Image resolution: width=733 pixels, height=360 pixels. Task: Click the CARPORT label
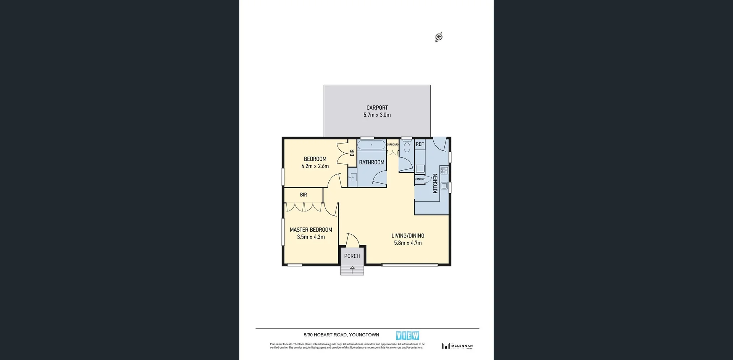click(377, 108)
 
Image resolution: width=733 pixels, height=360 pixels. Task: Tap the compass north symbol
click(439, 37)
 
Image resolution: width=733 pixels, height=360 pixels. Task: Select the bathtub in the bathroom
click(371, 145)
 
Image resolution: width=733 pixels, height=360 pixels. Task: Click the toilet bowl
click(407, 147)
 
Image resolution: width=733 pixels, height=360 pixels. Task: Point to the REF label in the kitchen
click(420, 144)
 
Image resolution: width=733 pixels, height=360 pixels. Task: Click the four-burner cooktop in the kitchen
click(444, 170)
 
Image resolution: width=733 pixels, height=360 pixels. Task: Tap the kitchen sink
click(444, 186)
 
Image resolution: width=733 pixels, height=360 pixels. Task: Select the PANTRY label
click(420, 179)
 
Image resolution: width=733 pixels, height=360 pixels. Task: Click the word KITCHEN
click(435, 183)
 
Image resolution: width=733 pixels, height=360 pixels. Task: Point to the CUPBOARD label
click(392, 145)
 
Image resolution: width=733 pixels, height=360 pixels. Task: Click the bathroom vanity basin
click(353, 177)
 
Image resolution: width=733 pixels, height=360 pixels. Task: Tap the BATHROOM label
click(371, 162)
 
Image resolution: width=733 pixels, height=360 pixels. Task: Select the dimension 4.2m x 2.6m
click(315, 166)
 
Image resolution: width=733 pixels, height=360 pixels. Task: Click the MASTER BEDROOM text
click(311, 230)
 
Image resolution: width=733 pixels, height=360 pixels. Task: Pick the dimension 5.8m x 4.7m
click(408, 243)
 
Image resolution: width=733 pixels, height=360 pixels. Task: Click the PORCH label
click(352, 256)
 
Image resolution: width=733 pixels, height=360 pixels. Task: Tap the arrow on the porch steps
click(352, 270)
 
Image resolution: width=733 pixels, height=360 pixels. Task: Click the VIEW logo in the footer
click(407, 336)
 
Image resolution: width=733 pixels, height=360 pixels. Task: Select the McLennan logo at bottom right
click(457, 346)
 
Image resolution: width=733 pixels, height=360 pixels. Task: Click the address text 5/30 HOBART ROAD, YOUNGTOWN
click(341, 335)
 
